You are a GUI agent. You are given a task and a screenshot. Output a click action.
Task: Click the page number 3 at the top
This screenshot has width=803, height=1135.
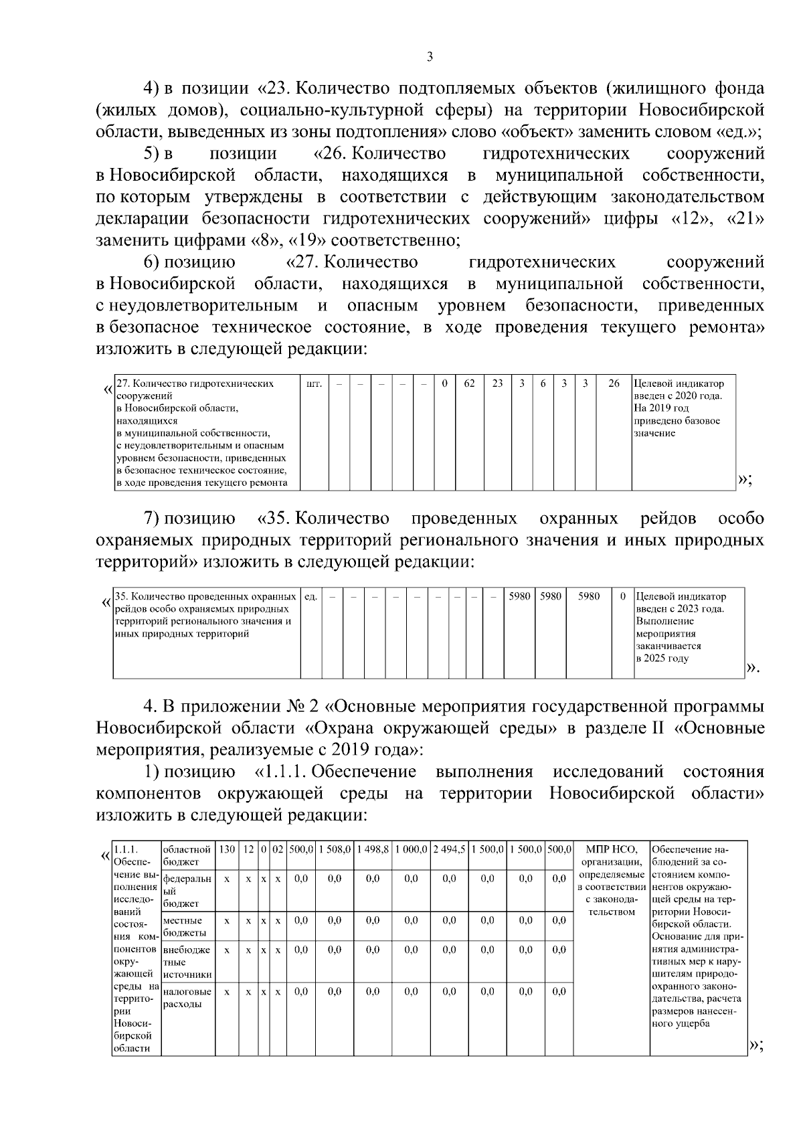430,57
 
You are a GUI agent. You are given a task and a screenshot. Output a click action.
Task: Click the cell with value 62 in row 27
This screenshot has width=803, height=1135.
470,383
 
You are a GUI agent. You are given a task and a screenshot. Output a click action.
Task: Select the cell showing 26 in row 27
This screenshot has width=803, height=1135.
614,383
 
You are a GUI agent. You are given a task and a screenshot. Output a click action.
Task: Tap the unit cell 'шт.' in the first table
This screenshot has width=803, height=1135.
314,383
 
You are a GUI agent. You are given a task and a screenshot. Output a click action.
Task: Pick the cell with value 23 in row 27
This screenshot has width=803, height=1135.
497,383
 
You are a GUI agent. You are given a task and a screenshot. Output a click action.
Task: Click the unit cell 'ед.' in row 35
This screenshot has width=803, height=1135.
310,596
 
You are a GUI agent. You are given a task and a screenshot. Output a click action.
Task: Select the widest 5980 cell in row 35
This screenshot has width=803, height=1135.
588,596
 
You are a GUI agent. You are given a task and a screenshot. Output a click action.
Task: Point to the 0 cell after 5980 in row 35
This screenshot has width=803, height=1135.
622,596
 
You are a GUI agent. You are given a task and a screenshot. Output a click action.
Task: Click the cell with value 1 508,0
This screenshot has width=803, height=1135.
335,849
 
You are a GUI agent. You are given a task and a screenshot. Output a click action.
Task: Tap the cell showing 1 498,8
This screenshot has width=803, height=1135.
373,849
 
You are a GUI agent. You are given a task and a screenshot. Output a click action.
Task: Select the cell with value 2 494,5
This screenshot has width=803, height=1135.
449,849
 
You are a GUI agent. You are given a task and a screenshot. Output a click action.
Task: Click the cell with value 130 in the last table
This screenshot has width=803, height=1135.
227,849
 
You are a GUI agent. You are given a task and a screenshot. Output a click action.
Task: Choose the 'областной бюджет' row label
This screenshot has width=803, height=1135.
187,855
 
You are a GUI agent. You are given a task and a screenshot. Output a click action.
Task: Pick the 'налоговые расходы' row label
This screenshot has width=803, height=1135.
187,997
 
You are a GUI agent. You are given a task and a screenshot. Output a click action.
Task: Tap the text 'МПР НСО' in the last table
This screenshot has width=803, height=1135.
607,849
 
